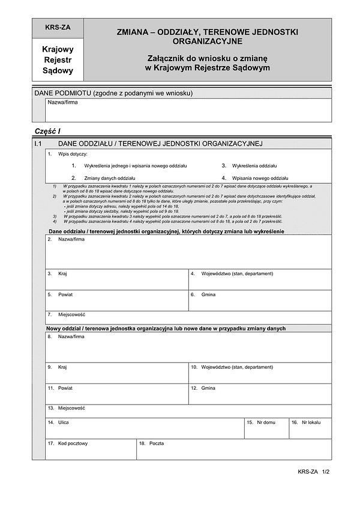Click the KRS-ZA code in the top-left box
point(58,28)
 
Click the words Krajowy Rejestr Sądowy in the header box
point(58,60)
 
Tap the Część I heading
point(48,131)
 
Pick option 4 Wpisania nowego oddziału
point(254,178)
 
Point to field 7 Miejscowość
point(188,318)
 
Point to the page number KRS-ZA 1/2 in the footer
point(314,472)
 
